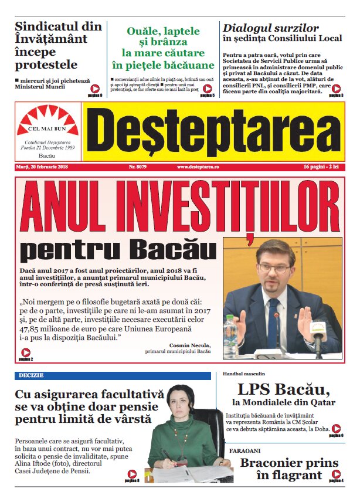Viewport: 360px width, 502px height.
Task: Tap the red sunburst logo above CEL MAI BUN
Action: tap(48, 116)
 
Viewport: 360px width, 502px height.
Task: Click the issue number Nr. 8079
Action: tap(140, 167)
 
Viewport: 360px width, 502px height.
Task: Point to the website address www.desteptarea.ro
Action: tap(198, 167)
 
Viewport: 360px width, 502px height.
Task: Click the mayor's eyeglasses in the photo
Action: tap(273, 268)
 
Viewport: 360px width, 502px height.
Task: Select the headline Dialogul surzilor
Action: tap(271, 28)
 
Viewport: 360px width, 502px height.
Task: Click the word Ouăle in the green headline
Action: tap(142, 31)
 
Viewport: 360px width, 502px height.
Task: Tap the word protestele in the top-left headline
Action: tap(46, 65)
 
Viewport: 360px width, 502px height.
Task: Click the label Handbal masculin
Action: tap(244, 374)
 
